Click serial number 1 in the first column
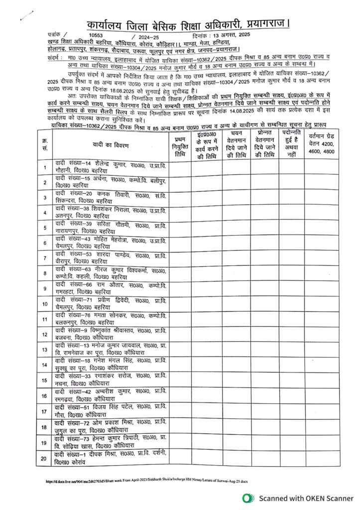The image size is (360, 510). click(45, 167)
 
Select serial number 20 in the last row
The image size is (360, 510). click(45, 458)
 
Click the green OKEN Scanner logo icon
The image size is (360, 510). click(246, 498)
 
